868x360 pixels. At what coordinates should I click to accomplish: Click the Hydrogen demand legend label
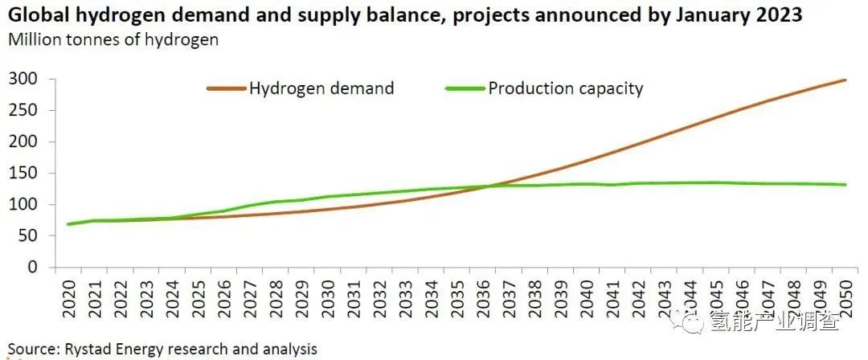pyautogui.click(x=321, y=88)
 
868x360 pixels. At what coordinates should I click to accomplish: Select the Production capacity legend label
pyautogui.click(x=566, y=88)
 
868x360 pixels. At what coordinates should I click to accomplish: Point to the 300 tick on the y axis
pyautogui.click(x=24, y=79)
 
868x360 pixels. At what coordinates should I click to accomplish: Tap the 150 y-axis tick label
pyautogui.click(x=24, y=173)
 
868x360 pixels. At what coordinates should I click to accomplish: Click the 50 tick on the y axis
pyautogui.click(x=29, y=235)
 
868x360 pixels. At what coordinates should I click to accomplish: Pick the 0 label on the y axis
pyautogui.click(x=34, y=267)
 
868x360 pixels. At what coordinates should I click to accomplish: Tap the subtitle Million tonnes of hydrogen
pyautogui.click(x=113, y=39)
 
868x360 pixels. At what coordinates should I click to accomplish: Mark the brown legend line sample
pyautogui.click(x=226, y=88)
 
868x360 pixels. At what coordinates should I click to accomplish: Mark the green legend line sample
pyautogui.click(x=465, y=88)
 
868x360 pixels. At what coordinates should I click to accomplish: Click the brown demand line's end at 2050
pyautogui.click(x=844, y=80)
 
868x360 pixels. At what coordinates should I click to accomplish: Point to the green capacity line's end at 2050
pyautogui.click(x=844, y=185)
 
